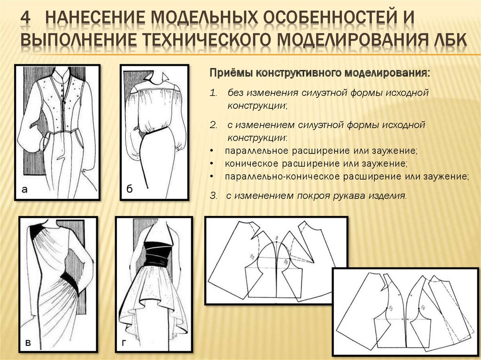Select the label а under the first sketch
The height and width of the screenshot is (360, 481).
[x=24, y=190]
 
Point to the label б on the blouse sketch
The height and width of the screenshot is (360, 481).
[x=129, y=188]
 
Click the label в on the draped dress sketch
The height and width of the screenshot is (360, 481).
[x=28, y=343]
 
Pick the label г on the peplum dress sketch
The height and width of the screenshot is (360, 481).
[x=124, y=343]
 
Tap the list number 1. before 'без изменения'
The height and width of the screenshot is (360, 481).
[x=213, y=93]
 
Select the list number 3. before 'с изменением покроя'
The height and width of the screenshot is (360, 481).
[x=214, y=196]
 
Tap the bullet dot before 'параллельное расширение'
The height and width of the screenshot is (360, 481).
[x=212, y=151]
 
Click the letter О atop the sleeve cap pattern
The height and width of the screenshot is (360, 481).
[x=277, y=237]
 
